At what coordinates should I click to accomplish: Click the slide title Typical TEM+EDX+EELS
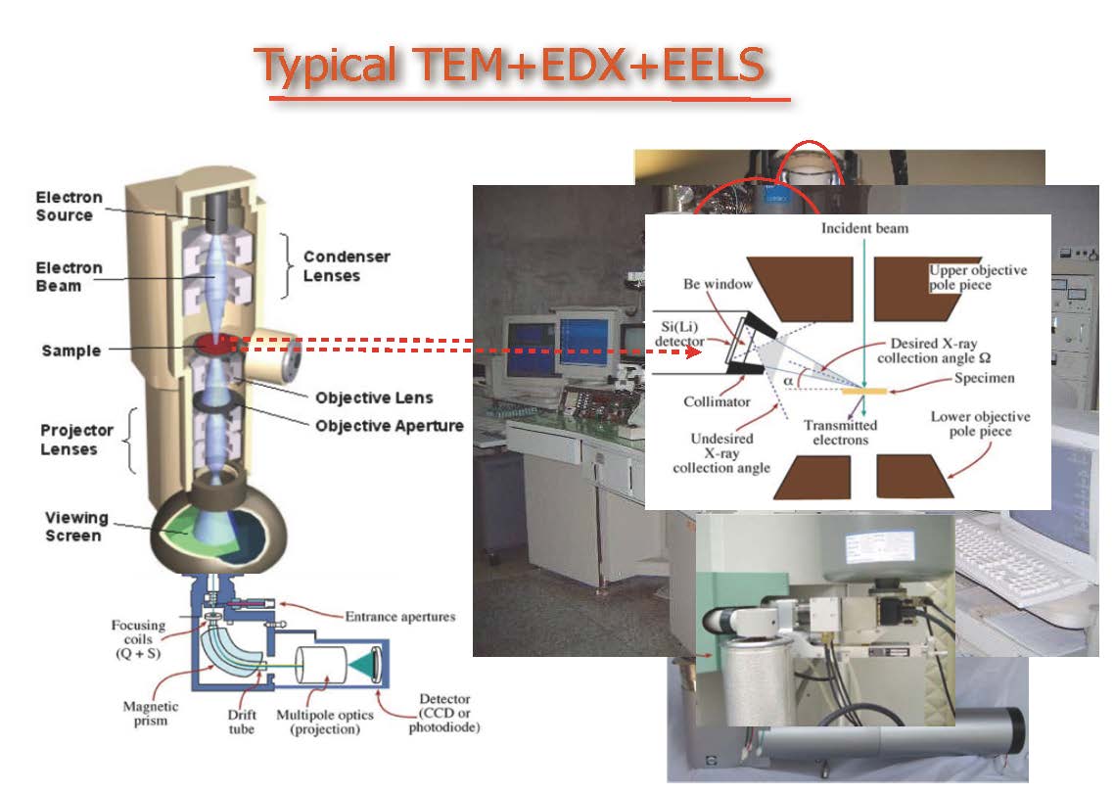point(509,65)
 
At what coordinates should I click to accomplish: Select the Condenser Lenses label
point(347,266)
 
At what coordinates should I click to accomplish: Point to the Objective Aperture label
point(389,426)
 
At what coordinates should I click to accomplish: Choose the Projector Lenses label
point(76,440)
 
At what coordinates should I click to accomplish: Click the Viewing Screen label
point(76,527)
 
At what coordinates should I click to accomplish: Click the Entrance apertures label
point(399,617)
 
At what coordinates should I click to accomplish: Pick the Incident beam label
point(864,229)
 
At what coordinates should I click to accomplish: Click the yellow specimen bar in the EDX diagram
point(864,390)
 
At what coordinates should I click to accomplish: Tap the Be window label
point(718,284)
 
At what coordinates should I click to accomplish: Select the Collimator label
point(718,401)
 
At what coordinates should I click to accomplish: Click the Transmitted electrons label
point(840,433)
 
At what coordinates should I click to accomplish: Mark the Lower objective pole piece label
point(980,424)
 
